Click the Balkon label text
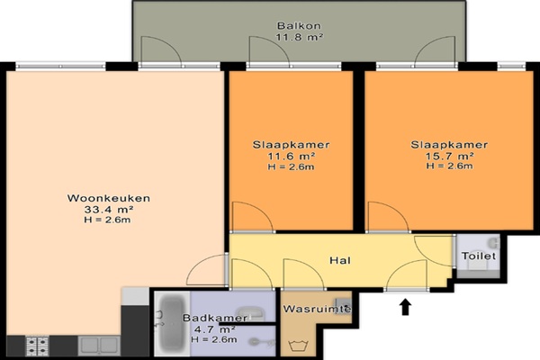coord(299,26)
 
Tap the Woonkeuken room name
coord(109,198)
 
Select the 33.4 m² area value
coord(109,209)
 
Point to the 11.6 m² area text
coord(292,156)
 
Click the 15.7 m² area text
coord(449,156)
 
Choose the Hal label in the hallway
coord(340,260)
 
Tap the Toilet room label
coord(479,256)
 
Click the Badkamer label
coord(215,318)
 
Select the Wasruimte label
coord(317,309)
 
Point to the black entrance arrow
coord(406,307)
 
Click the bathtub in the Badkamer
coord(172,324)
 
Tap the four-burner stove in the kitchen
coord(38,346)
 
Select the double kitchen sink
coord(99,346)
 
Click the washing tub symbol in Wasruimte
coord(297,346)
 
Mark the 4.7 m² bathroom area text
coord(214,329)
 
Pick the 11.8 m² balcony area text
coord(299,37)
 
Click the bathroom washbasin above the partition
coord(251,312)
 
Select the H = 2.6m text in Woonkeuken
coord(107,220)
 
